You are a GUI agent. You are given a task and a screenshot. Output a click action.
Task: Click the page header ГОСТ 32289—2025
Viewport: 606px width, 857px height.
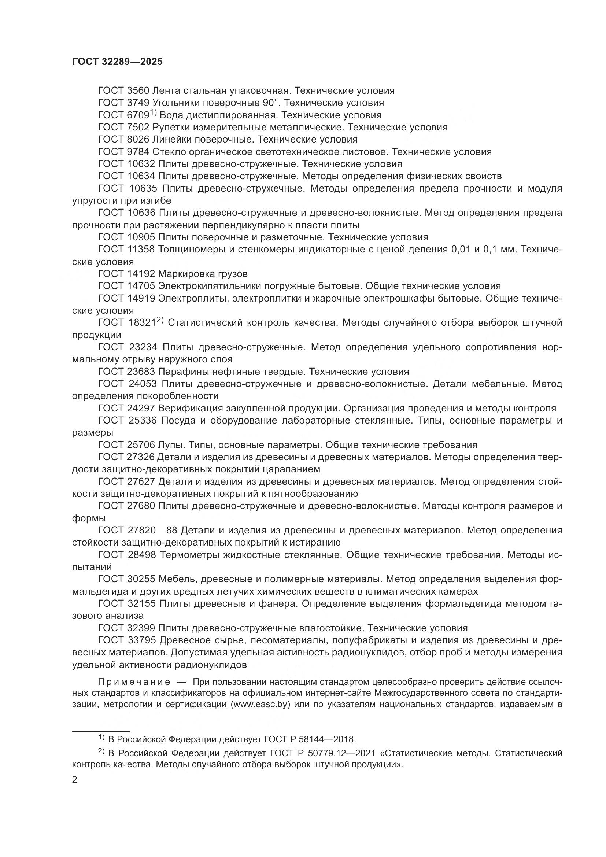click(x=118, y=62)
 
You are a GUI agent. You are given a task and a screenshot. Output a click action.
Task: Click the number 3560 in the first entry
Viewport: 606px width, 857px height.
click(x=138, y=91)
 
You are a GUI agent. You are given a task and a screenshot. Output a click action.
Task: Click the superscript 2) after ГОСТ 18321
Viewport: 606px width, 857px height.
click(x=160, y=320)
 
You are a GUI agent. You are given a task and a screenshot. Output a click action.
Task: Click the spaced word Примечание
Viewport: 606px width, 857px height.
click(x=134, y=682)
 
